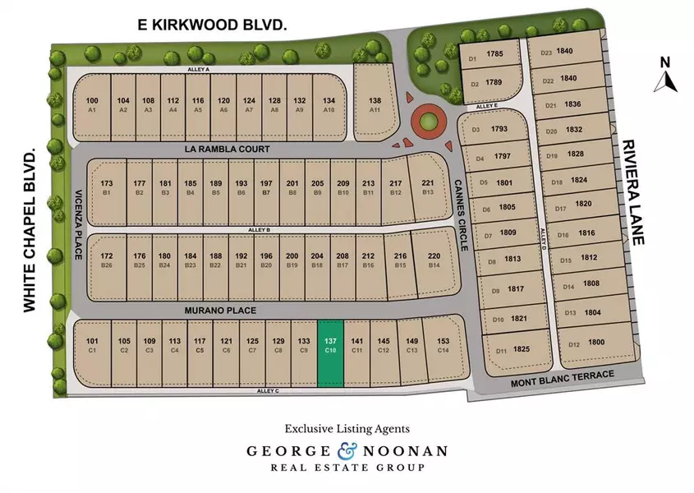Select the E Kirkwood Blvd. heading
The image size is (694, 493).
point(212,26)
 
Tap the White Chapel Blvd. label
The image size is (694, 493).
point(30,231)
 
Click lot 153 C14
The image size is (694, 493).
point(443,345)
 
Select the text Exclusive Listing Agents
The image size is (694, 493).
point(347,428)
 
